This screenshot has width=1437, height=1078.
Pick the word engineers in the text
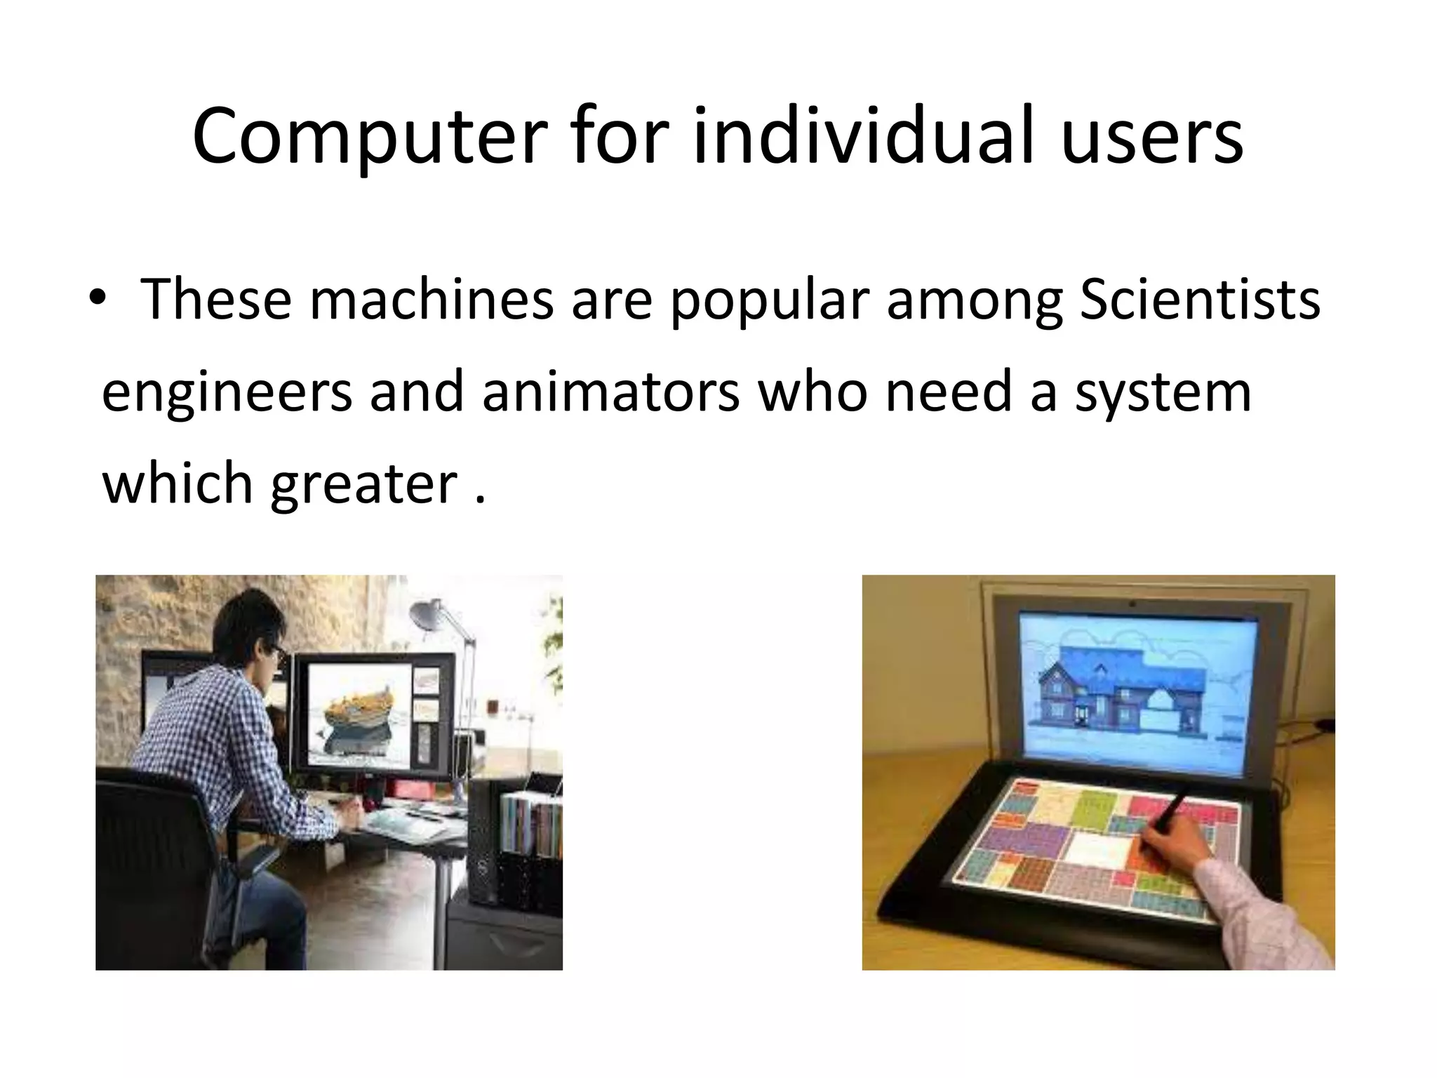point(227,393)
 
